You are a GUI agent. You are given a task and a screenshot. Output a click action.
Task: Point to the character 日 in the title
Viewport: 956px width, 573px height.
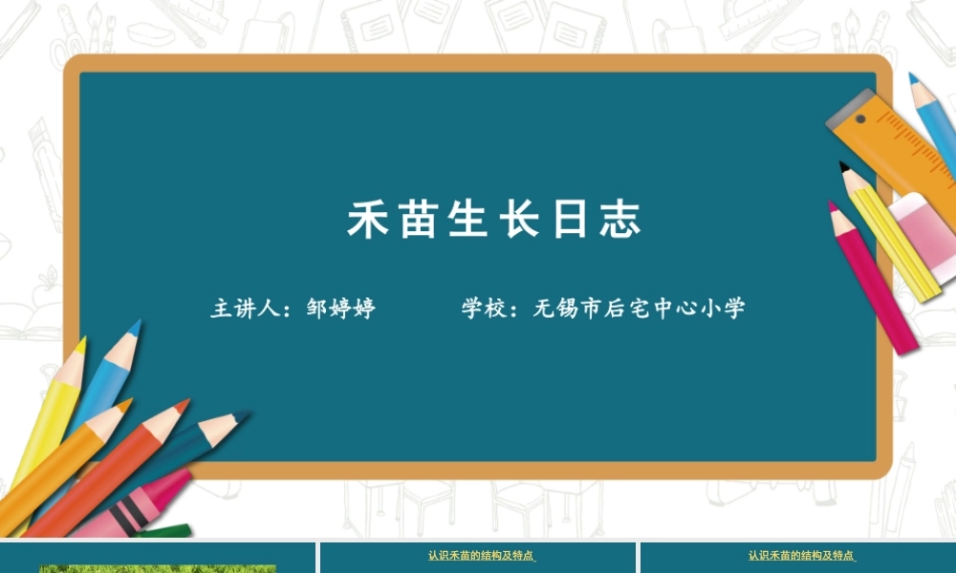click(x=571, y=220)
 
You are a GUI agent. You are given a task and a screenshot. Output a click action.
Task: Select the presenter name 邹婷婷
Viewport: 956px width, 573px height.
click(x=341, y=308)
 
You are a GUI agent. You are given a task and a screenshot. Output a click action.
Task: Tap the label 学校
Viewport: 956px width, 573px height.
click(x=484, y=308)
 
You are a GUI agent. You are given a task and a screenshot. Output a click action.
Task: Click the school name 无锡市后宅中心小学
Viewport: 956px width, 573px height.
click(x=640, y=308)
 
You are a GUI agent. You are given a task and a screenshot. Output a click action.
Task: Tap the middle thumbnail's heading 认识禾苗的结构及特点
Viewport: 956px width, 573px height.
click(x=480, y=555)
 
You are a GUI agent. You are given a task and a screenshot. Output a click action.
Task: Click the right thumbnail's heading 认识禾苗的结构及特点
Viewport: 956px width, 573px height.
click(x=800, y=555)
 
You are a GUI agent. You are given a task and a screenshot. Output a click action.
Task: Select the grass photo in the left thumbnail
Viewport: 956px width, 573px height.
click(x=158, y=568)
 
